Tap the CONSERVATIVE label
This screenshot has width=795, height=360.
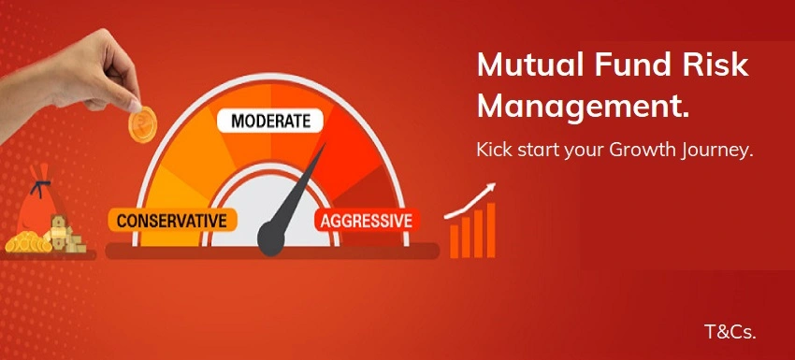(173, 220)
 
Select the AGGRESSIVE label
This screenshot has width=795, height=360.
(366, 221)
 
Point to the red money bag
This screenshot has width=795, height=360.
(39, 208)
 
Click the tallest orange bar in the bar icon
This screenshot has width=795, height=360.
(490, 229)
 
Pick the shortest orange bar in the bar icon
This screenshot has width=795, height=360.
(455, 241)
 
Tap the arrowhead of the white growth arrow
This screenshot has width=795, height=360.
(490, 190)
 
